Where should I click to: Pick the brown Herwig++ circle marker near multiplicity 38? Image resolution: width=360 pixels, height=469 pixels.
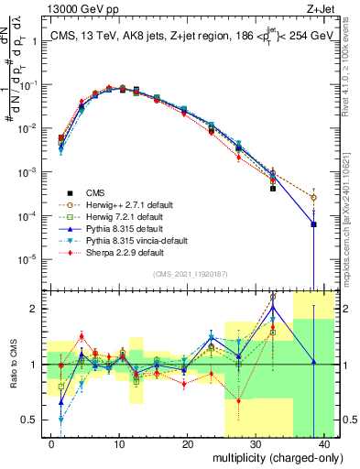point(314,197)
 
